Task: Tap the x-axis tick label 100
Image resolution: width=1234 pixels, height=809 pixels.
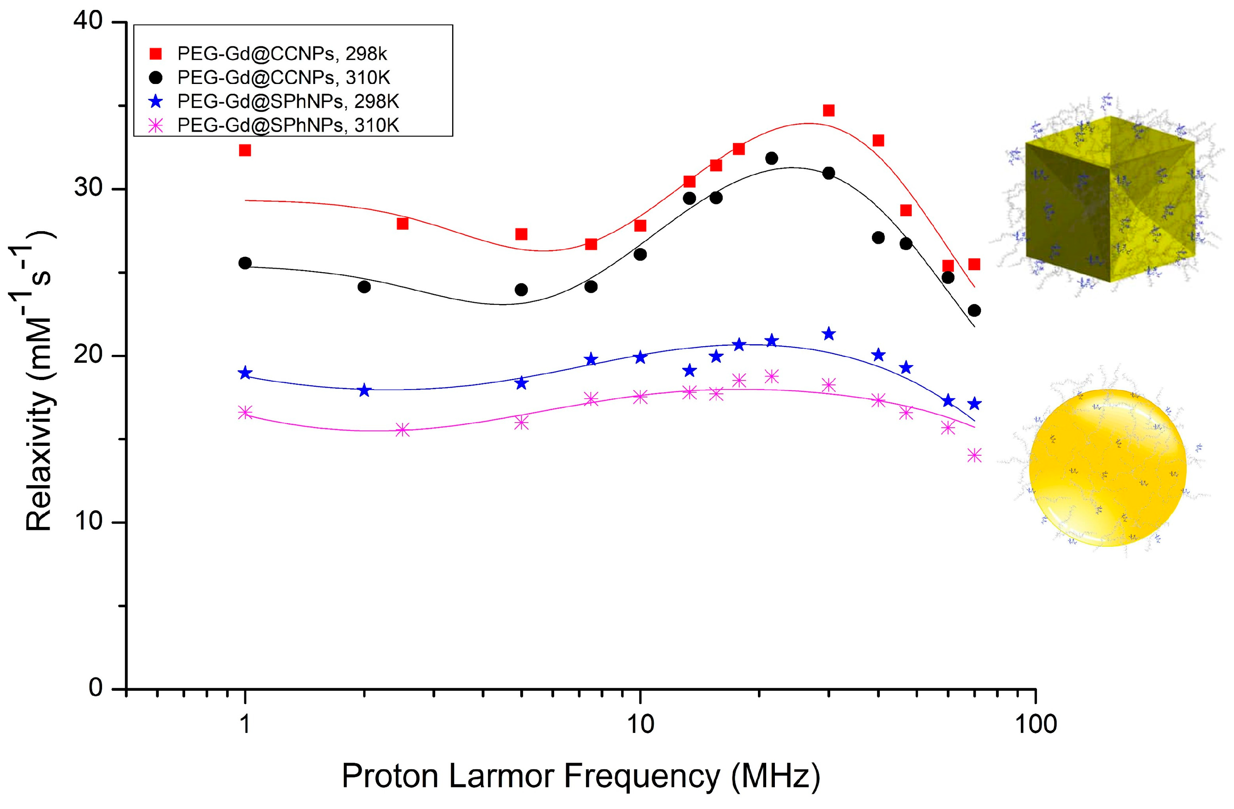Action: pos(1035,724)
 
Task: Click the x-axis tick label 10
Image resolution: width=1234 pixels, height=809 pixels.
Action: pos(640,724)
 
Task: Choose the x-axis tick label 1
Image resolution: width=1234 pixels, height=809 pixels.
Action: pos(245,724)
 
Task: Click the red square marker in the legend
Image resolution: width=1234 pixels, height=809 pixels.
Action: pos(155,54)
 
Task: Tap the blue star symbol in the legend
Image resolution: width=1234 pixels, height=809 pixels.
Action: pos(155,102)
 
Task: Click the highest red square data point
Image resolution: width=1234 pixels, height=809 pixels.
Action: pos(829,110)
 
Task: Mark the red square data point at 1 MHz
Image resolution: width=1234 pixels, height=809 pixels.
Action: pos(245,151)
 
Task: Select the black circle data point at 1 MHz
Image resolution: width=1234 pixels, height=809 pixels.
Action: pos(245,263)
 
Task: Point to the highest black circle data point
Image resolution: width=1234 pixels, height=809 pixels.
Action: pos(772,158)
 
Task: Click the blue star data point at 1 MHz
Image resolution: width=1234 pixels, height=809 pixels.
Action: pos(245,373)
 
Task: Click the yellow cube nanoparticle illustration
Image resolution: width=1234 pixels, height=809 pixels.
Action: pos(1110,200)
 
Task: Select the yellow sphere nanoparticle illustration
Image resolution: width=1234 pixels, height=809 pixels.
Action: pos(1107,467)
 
